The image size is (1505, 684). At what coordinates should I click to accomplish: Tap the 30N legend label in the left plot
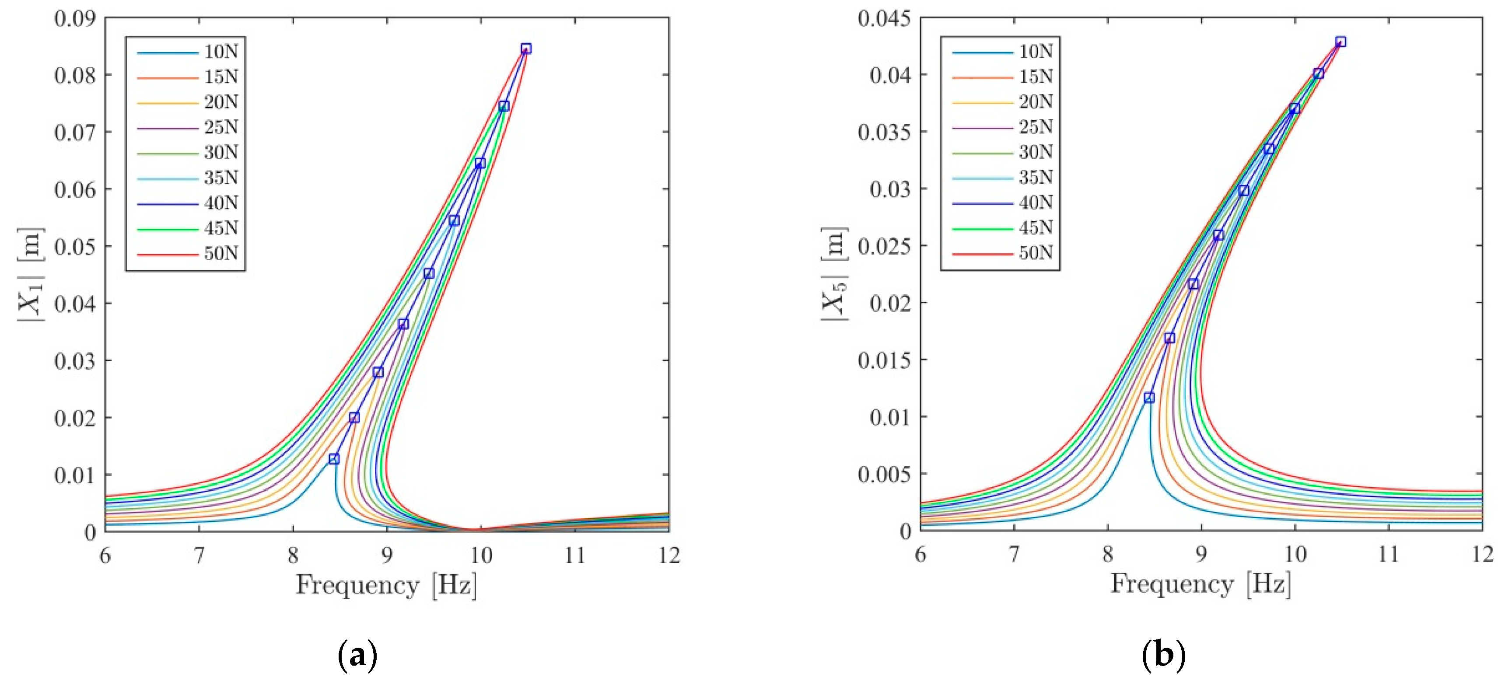coord(221,153)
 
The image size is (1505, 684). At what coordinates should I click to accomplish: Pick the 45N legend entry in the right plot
coord(1036,228)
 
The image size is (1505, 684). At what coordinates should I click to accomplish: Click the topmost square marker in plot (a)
coord(526,49)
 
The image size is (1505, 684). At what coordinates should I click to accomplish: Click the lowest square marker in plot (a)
coord(334,458)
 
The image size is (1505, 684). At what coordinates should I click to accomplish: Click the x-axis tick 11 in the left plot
coord(575,555)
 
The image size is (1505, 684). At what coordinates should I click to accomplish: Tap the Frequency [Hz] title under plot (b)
coord(1200,584)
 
